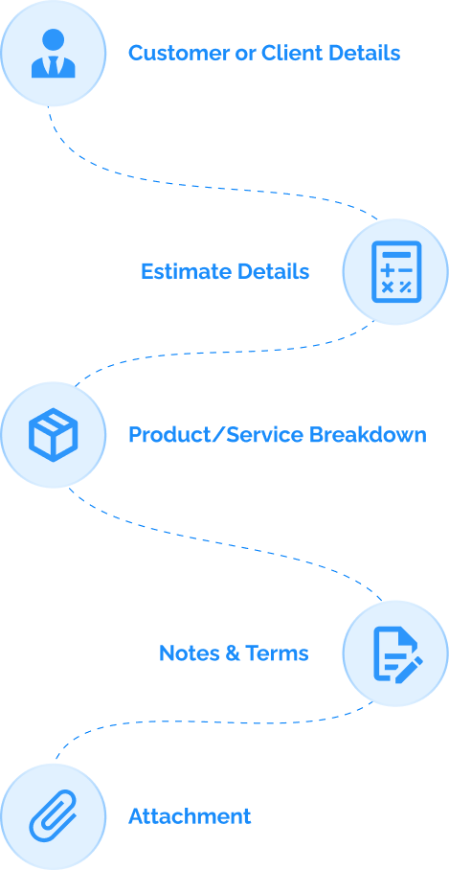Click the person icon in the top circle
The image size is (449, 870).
pyautogui.click(x=53, y=54)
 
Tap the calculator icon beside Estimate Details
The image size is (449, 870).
pyautogui.click(x=394, y=271)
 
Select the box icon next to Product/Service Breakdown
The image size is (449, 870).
pyautogui.click(x=53, y=434)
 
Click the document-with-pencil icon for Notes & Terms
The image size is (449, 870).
pyautogui.click(x=395, y=653)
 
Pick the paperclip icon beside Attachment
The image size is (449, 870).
pyautogui.click(x=53, y=816)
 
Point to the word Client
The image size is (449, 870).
pyautogui.click(x=288, y=53)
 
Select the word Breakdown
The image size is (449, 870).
pyautogui.click(x=368, y=435)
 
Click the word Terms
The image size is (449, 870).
pyautogui.click(x=277, y=653)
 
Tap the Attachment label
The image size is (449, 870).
pyautogui.click(x=190, y=816)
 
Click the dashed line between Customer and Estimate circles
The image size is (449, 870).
pyautogui.click(x=220, y=182)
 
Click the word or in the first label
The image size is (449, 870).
pyautogui.click(x=245, y=53)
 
